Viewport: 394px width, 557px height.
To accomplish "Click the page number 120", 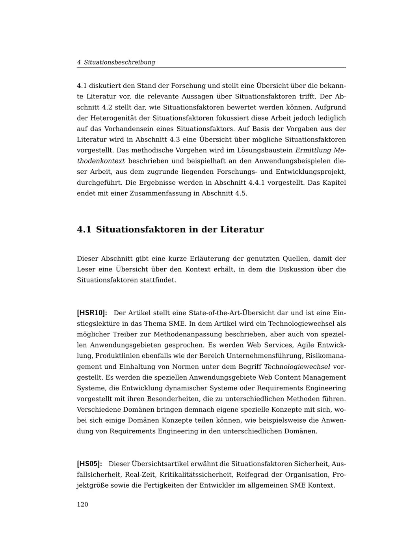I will click(82, 505).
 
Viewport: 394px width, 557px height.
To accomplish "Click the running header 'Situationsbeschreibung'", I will click(119, 62).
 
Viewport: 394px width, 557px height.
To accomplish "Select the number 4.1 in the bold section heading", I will click(84, 230).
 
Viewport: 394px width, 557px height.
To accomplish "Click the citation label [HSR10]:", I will click(92, 313).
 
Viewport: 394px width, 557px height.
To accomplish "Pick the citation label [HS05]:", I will click(89, 464).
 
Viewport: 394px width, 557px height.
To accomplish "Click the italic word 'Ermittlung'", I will click(313, 150).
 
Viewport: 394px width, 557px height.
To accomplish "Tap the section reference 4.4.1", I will click(258, 183).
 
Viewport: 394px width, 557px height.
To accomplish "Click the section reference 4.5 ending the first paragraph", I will click(240, 193).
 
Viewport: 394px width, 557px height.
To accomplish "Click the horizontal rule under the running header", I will click(211, 68).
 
